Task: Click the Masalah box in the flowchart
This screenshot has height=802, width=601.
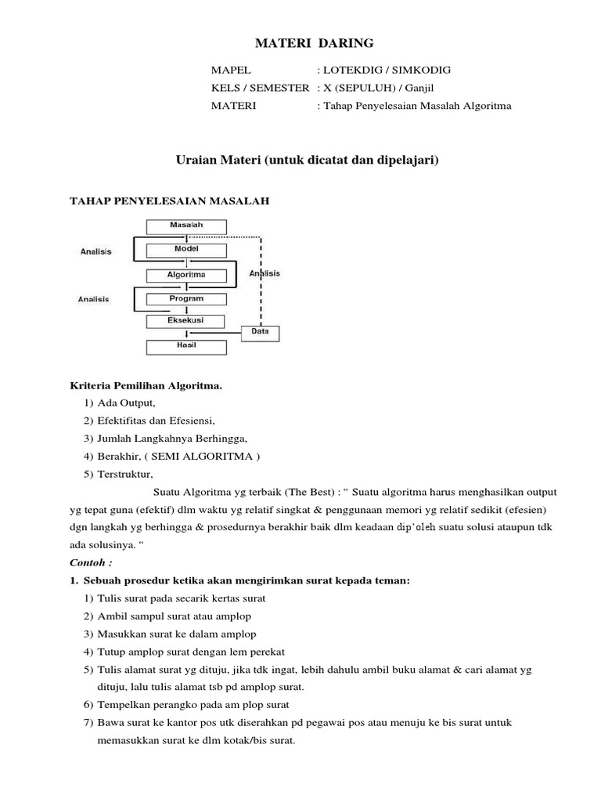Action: click(x=186, y=226)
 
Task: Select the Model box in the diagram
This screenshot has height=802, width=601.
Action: click(x=186, y=250)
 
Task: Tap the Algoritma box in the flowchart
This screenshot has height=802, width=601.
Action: click(x=186, y=275)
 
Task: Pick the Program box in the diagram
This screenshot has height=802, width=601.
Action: click(x=186, y=298)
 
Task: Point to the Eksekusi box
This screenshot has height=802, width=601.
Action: click(x=186, y=321)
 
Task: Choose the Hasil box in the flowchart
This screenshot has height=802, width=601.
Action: click(x=186, y=345)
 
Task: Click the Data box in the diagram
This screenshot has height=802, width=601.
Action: click(x=260, y=332)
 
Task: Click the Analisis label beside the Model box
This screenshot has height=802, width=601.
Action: click(x=96, y=251)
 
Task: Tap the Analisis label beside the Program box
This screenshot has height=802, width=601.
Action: click(x=94, y=299)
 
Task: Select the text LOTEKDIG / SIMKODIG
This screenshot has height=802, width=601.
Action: click(x=387, y=70)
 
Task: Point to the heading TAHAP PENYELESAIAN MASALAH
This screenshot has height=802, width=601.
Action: click(x=170, y=201)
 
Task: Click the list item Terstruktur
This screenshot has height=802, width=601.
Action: click(x=126, y=474)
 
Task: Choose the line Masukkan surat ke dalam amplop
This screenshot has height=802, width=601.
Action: click(x=177, y=634)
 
